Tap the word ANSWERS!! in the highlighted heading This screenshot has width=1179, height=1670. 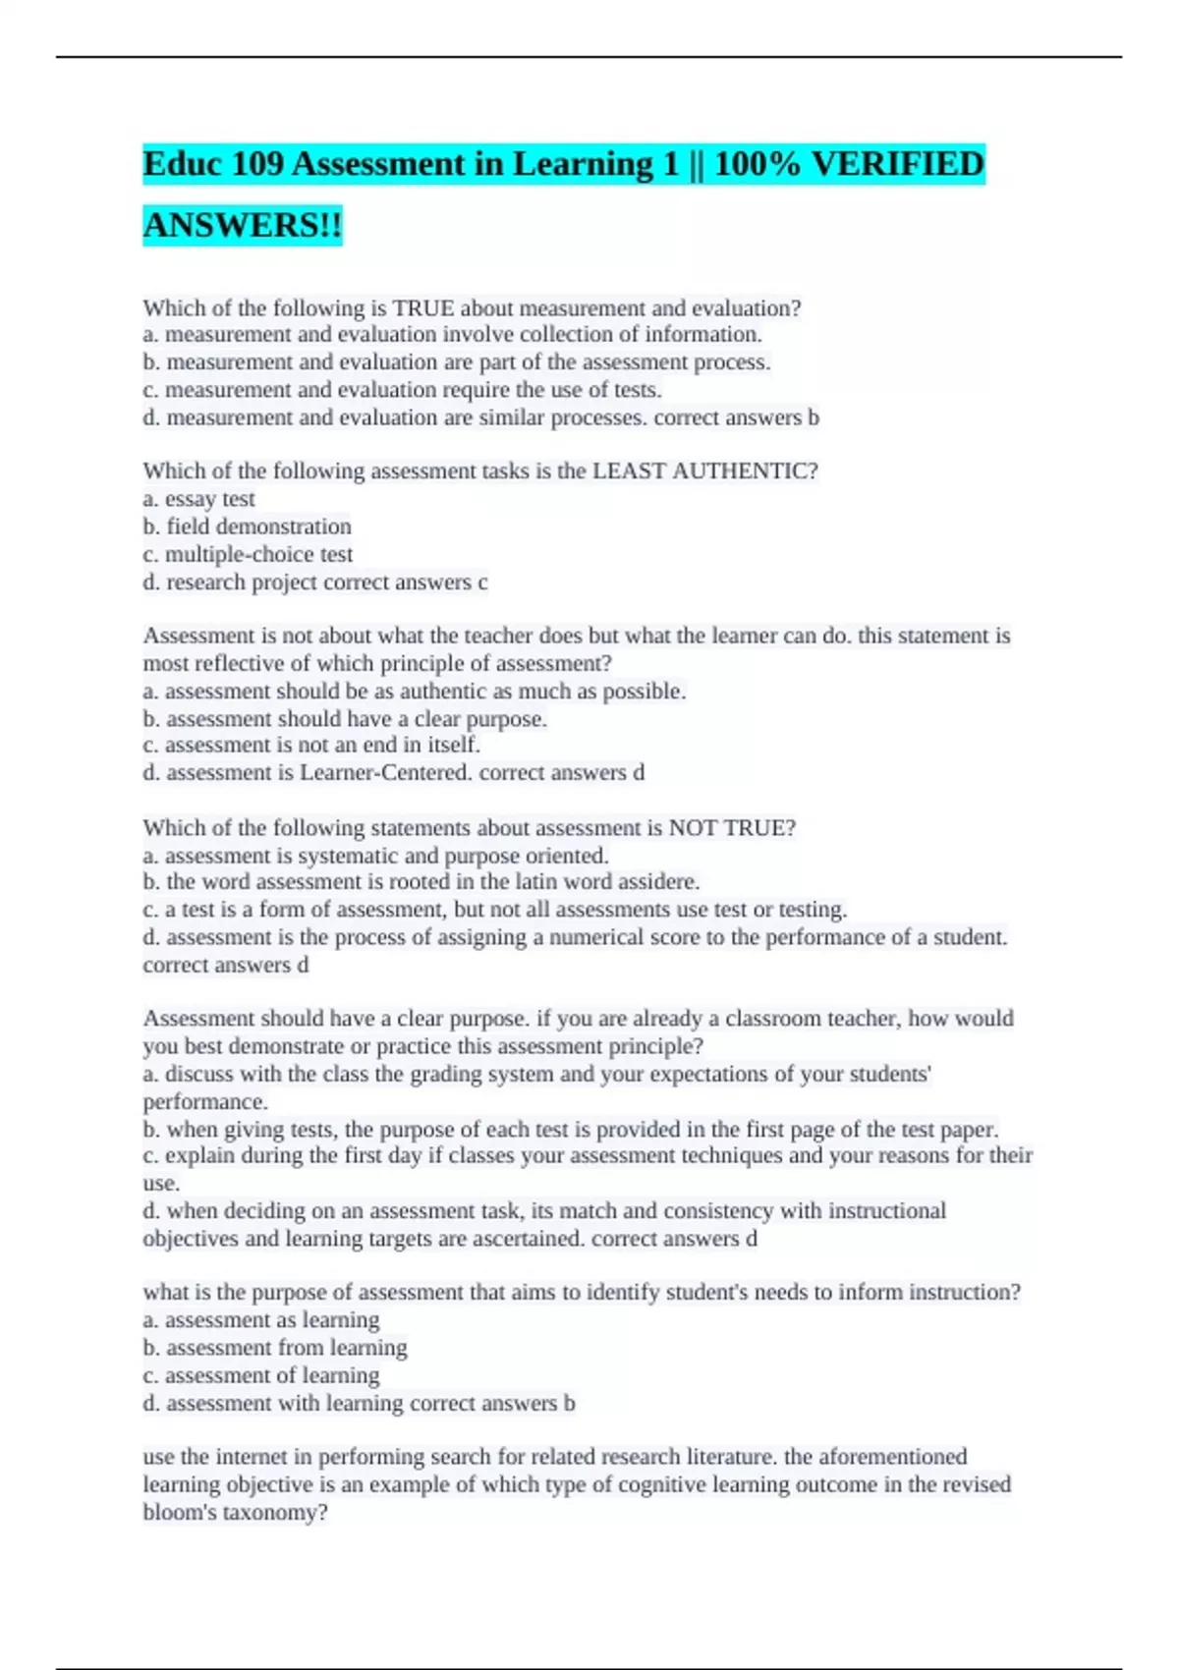click(x=243, y=225)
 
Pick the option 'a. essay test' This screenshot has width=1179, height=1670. click(x=199, y=499)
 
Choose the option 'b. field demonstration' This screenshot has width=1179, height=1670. click(x=247, y=527)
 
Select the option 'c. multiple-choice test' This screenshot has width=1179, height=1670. click(x=248, y=554)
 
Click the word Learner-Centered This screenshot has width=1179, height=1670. click(x=386, y=773)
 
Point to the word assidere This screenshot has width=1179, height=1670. click(x=649, y=882)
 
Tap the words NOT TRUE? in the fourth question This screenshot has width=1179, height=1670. click(x=732, y=828)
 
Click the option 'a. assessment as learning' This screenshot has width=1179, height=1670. click(x=261, y=1320)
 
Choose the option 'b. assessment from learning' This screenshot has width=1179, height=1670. click(x=275, y=1348)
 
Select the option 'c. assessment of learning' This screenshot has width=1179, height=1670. click(x=261, y=1375)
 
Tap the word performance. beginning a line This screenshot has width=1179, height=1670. click(x=205, y=1101)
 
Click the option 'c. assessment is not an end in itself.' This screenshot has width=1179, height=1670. click(x=311, y=746)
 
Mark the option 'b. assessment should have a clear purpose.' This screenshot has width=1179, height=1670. click(x=345, y=719)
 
